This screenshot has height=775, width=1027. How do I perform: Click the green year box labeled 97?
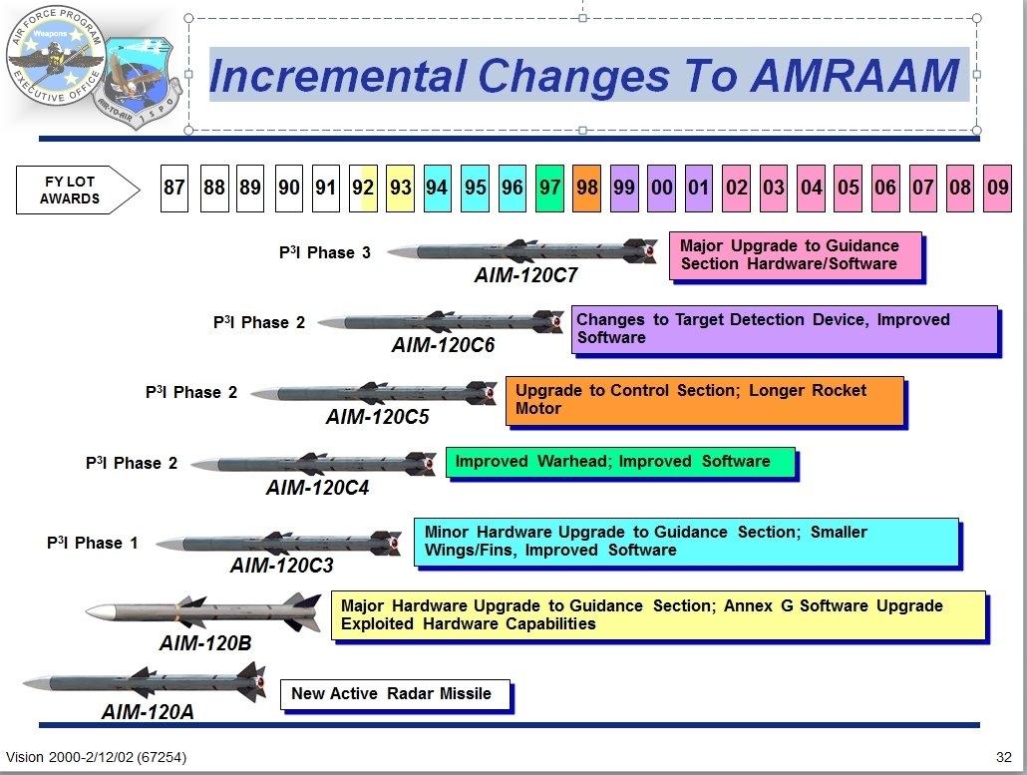pos(549,189)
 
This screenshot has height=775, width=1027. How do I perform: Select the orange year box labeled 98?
pos(587,189)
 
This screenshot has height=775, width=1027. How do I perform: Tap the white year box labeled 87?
pos(174,189)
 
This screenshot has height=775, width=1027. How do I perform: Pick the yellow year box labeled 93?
pos(400,189)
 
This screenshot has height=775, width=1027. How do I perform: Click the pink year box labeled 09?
pos(997,189)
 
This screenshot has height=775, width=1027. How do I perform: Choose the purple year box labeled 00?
pos(661,189)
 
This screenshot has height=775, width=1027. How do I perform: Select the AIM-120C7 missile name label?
pos(524,275)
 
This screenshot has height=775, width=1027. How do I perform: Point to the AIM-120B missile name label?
pos(205,643)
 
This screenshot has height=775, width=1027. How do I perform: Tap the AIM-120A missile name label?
pos(148,711)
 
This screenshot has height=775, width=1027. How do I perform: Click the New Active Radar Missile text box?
pos(395,694)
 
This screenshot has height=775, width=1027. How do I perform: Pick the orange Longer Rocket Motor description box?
pos(704,399)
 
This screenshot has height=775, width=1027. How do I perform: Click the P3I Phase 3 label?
pos(324,252)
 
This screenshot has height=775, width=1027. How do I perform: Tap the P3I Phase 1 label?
pos(92,543)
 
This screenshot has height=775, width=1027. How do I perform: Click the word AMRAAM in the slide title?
pos(855,76)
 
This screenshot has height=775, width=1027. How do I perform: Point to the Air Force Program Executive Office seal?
pos(55,58)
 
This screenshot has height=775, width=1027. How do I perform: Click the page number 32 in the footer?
pos(1003,757)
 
